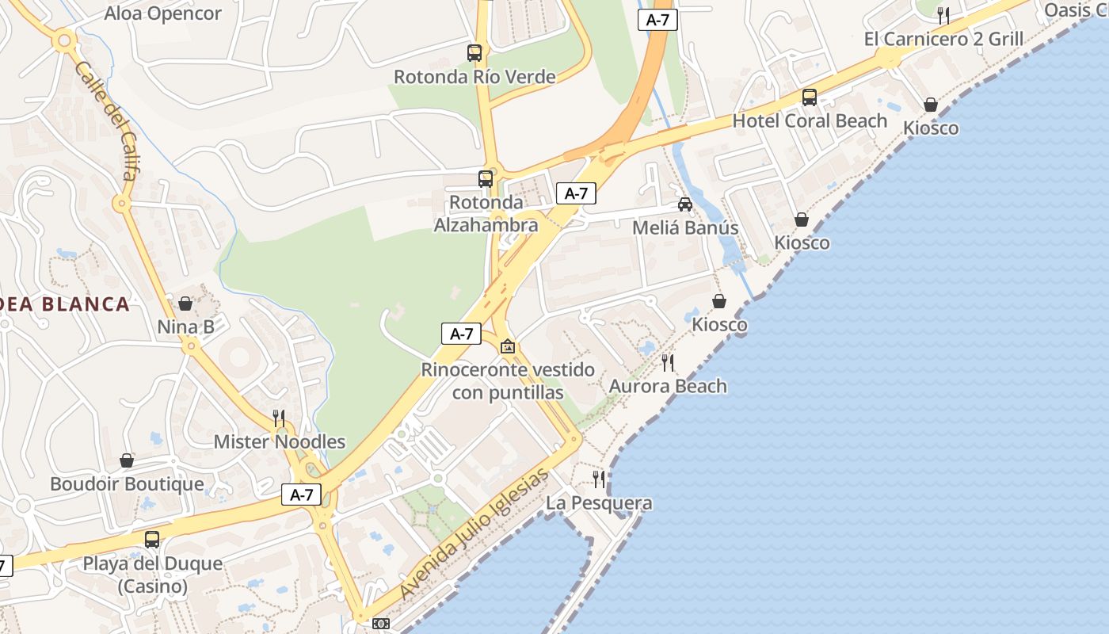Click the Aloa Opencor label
click(163, 13)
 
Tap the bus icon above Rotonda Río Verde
click(474, 53)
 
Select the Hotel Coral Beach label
click(810, 120)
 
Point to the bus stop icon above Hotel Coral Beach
click(810, 97)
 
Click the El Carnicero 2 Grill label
click(943, 39)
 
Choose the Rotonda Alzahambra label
click(486, 214)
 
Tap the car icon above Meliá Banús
click(685, 204)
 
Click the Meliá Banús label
click(685, 228)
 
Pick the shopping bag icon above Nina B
click(185, 304)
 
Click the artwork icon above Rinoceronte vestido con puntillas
click(508, 346)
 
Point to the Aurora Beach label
click(668, 387)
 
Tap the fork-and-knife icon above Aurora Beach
click(668, 363)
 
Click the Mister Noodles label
click(280, 441)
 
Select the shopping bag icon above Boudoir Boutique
click(127, 460)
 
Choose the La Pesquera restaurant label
click(599, 503)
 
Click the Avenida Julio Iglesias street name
click(474, 534)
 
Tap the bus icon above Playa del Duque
click(152, 540)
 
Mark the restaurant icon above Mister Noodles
click(279, 418)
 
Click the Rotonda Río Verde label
click(474, 77)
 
